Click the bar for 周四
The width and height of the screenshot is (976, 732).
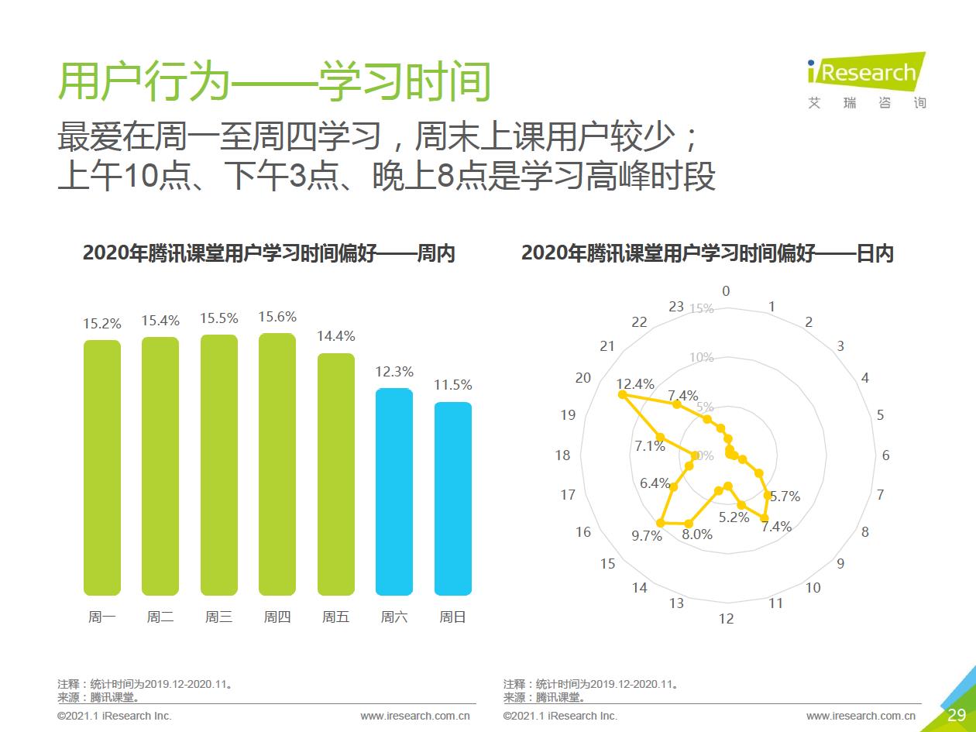click(x=277, y=465)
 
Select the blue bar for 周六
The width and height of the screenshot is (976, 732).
click(x=394, y=492)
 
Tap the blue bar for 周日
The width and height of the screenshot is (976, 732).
click(x=452, y=499)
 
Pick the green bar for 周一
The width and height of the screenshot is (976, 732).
click(x=102, y=468)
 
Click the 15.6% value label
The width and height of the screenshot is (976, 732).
click(x=277, y=317)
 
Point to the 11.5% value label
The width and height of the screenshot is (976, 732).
click(x=453, y=385)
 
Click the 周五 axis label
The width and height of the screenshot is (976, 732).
click(x=335, y=617)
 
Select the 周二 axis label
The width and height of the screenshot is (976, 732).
click(x=160, y=617)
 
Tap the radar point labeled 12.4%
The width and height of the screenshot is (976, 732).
click(x=622, y=395)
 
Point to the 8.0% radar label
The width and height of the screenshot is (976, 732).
click(x=696, y=534)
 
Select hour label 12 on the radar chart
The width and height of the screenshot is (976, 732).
click(x=726, y=619)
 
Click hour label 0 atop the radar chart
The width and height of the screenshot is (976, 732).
click(x=726, y=291)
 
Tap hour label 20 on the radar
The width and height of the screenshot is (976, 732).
click(x=583, y=378)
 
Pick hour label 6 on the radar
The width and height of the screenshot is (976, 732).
click(x=885, y=455)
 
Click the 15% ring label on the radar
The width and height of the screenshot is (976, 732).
click(x=701, y=308)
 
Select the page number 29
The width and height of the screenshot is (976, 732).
click(x=956, y=714)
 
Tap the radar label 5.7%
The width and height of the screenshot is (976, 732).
click(x=786, y=497)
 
